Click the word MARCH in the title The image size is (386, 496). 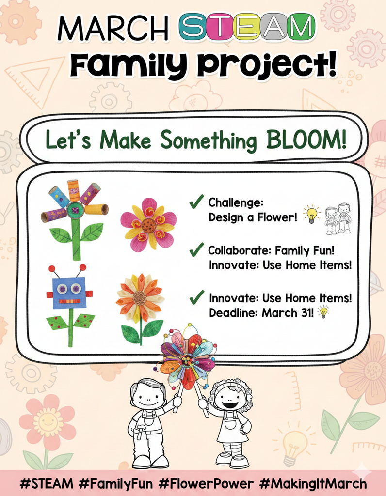pos(113,28)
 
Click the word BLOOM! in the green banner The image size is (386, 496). pos(306,139)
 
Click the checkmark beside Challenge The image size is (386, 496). pos(196,201)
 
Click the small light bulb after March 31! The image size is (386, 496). pos(323,312)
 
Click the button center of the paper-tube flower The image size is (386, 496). pos(75,209)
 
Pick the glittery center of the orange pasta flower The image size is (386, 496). pos(140,298)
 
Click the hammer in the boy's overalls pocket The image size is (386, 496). pos(138,432)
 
